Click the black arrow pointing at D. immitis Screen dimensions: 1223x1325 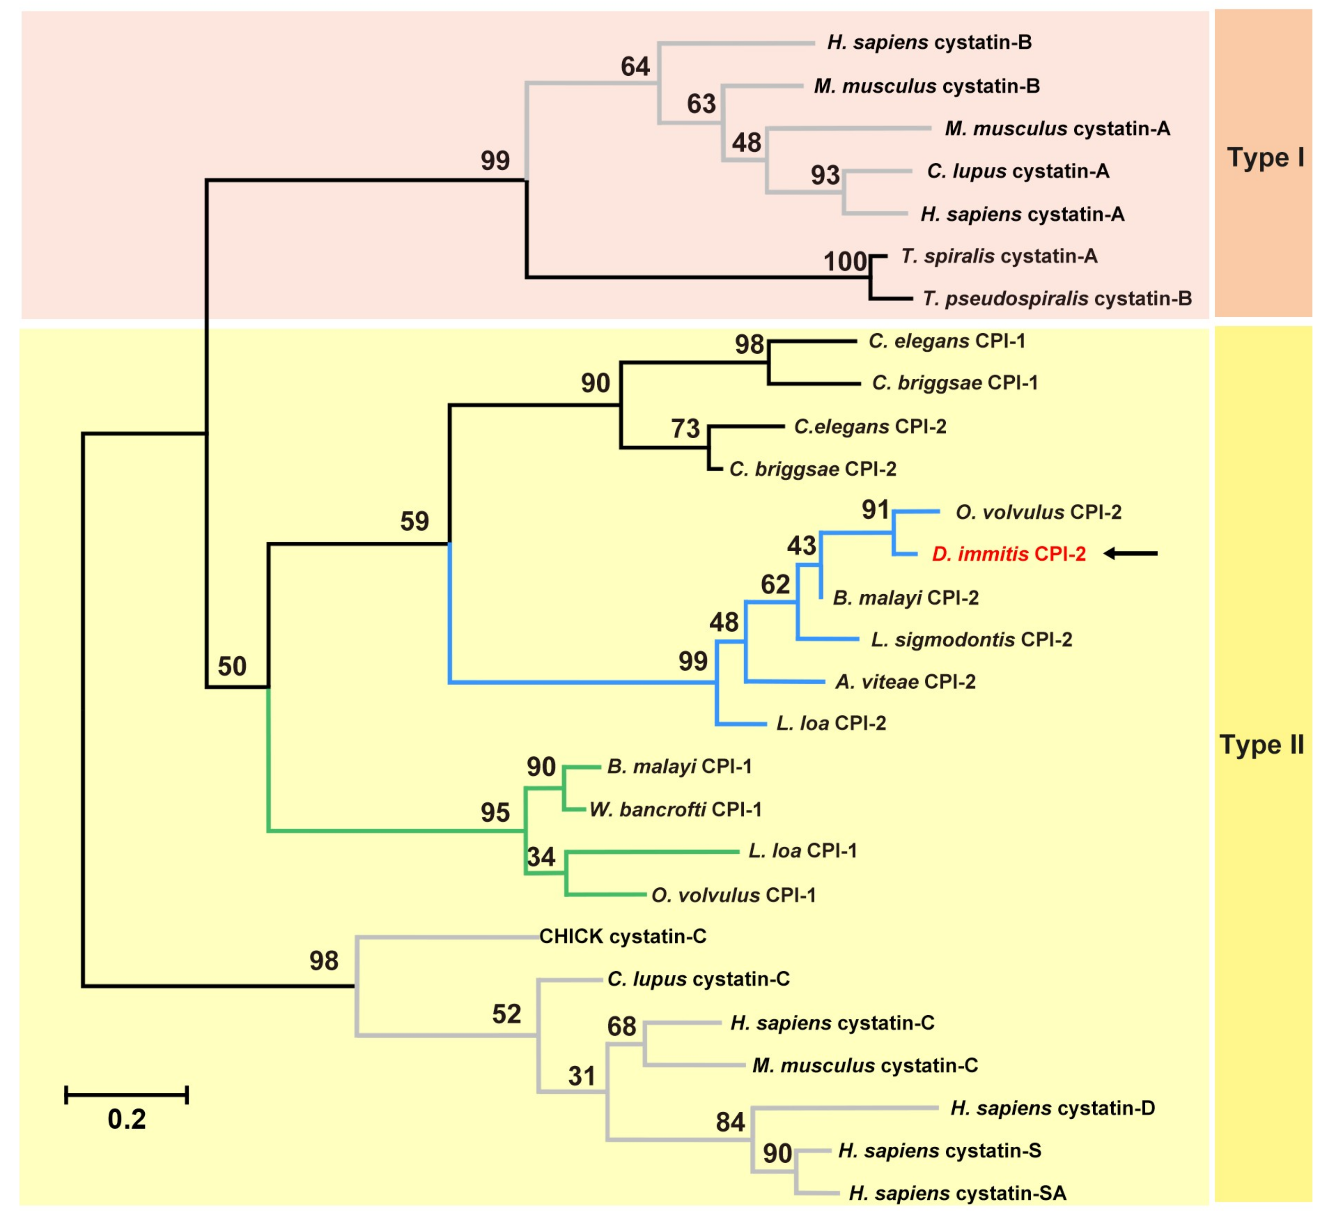point(1130,553)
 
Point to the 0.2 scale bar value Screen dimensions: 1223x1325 point(126,1118)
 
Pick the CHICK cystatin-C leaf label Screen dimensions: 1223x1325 point(622,936)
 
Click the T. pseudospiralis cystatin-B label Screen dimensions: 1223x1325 point(1057,299)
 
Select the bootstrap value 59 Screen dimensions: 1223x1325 point(415,521)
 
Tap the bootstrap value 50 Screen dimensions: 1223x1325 point(232,666)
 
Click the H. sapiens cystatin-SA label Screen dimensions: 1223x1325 point(957,1193)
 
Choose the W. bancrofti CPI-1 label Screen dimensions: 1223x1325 point(675,809)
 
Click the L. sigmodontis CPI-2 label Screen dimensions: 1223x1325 point(971,640)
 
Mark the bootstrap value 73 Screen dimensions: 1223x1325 point(685,429)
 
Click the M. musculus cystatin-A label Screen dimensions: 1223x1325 point(1057,128)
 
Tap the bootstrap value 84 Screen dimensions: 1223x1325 point(730,1122)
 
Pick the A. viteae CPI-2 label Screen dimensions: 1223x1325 point(905,682)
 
